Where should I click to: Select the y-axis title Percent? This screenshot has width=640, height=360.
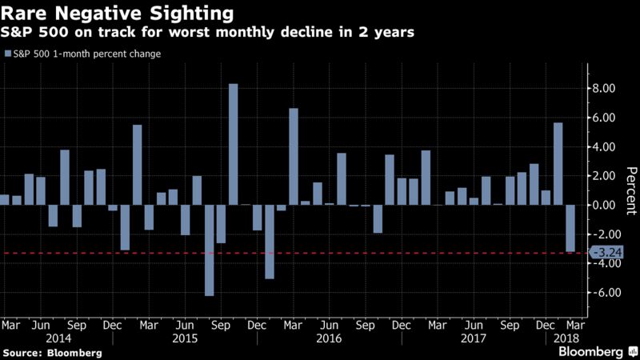click(630, 190)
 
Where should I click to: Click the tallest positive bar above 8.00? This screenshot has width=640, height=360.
click(233, 144)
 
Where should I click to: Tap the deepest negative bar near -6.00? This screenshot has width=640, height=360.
click(209, 250)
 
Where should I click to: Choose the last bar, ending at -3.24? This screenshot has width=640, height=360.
click(570, 229)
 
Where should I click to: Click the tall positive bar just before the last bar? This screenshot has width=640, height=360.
click(558, 164)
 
